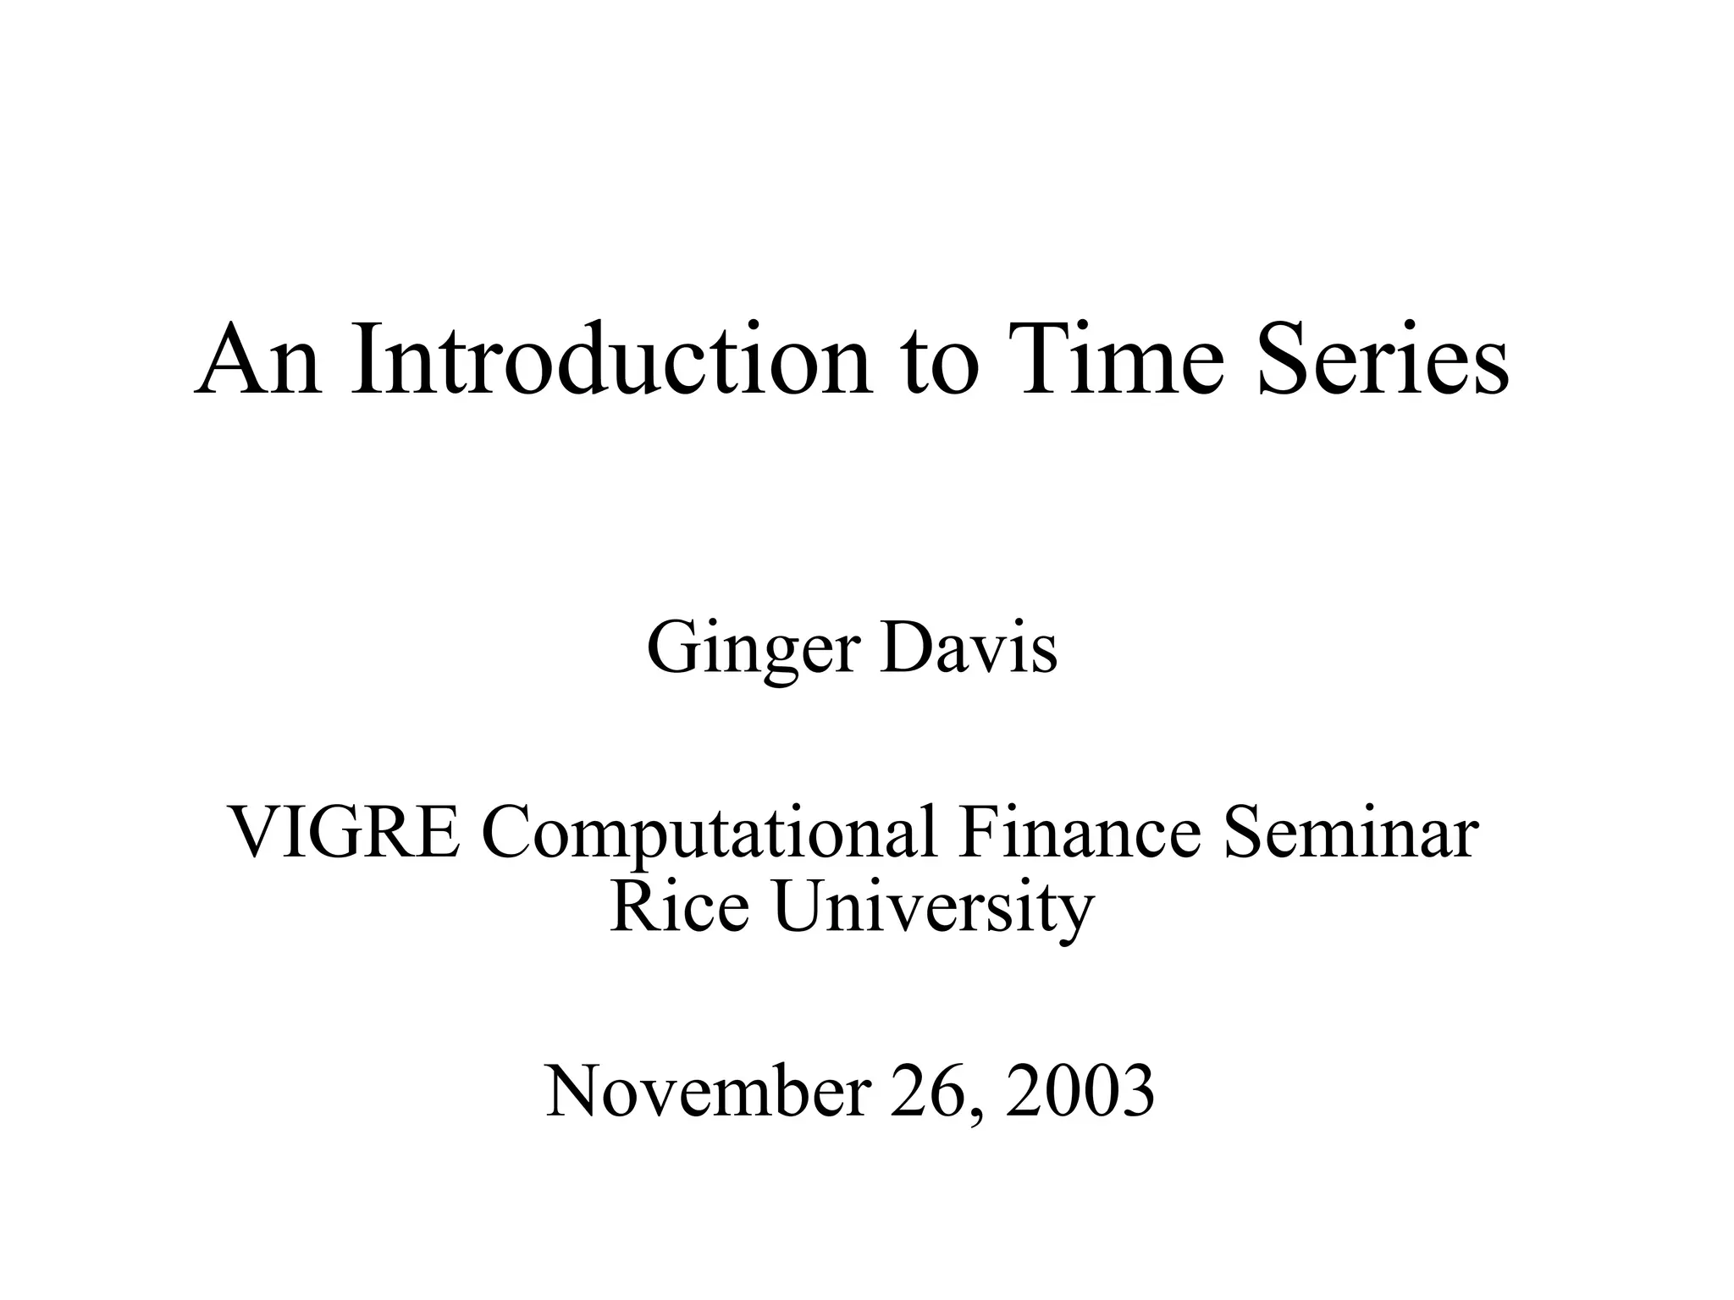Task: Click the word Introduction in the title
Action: coord(611,359)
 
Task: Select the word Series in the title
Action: coord(1383,359)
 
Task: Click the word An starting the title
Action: coord(258,359)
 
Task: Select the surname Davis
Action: coord(969,648)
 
